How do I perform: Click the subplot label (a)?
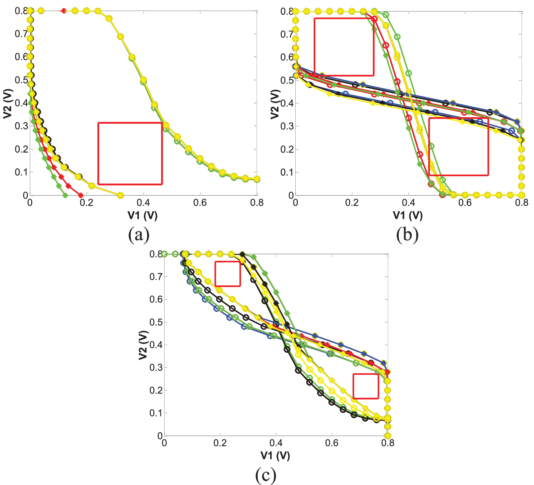(x=139, y=235)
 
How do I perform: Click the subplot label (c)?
(x=266, y=475)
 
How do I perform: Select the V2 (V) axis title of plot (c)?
(x=143, y=345)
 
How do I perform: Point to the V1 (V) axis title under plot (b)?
(x=408, y=215)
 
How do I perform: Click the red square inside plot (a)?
(x=130, y=154)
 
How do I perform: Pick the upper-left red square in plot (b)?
(x=344, y=47)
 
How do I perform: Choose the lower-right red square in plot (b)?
(x=458, y=147)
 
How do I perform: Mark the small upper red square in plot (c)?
(x=227, y=274)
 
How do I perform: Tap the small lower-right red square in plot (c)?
(x=366, y=386)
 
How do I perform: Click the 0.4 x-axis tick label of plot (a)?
(x=143, y=203)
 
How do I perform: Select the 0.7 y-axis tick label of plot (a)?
(x=21, y=34)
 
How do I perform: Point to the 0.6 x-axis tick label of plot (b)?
(x=465, y=203)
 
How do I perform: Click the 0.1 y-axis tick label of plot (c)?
(x=156, y=413)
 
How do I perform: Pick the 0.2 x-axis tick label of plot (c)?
(x=220, y=443)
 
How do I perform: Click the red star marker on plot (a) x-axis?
(x=80, y=195)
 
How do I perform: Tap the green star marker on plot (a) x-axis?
(x=66, y=195)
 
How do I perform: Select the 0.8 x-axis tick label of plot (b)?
(x=522, y=203)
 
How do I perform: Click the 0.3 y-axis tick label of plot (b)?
(x=286, y=126)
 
